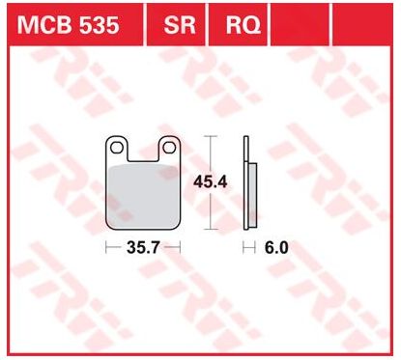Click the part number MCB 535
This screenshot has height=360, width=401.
pos(68,25)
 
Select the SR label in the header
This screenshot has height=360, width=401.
pos(180,25)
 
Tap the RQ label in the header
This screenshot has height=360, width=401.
pos(243,25)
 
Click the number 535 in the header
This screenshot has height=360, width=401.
pos(100,25)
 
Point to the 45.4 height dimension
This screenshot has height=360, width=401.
pos(211,182)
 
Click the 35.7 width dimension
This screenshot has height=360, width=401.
pos(143,248)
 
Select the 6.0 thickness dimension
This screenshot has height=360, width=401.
pos(276,248)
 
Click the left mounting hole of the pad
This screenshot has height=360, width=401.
pos(117,148)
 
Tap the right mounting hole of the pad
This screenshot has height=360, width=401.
pos(169,148)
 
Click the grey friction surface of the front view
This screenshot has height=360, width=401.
pos(143,196)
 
